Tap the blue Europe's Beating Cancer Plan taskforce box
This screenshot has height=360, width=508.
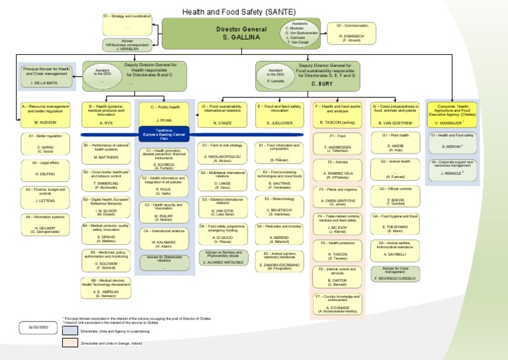(163, 133)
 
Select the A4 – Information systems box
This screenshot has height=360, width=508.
(44, 222)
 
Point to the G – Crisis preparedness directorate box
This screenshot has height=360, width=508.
(395, 113)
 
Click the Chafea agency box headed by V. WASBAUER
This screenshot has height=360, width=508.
(450, 113)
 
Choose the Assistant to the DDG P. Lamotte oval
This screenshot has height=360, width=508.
(275, 74)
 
